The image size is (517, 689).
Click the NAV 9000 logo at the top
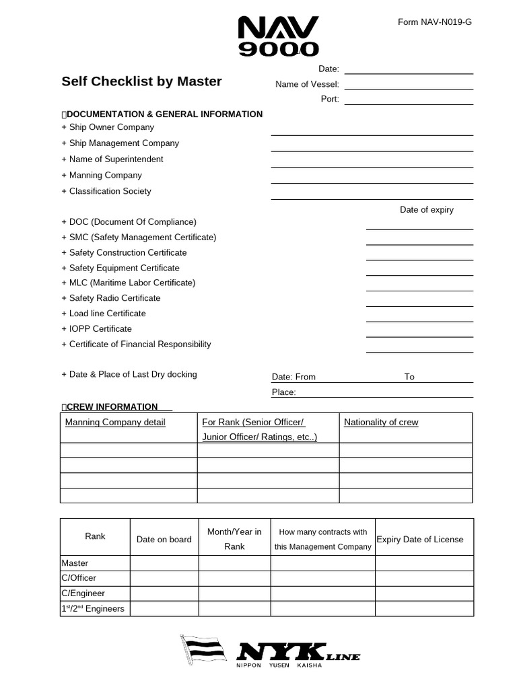tap(278, 36)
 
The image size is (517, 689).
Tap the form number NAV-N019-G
tap(434, 22)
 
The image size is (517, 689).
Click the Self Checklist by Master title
tap(141, 81)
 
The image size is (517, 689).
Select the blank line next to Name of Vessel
tap(409, 85)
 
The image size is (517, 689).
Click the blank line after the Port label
tap(409, 100)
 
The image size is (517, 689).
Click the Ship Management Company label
tap(124, 143)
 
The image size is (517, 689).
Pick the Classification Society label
tap(110, 191)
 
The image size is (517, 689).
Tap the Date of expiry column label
tap(426, 210)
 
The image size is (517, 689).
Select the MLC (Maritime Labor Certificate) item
tap(132, 283)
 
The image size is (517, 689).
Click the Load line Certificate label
tap(107, 314)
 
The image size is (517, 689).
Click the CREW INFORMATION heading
tap(112, 407)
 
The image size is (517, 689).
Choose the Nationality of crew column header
tap(381, 423)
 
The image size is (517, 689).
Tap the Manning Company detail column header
tap(115, 423)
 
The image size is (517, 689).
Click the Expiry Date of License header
tap(420, 540)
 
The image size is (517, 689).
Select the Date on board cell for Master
tap(164, 563)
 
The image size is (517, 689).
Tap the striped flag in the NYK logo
tap(205, 650)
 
